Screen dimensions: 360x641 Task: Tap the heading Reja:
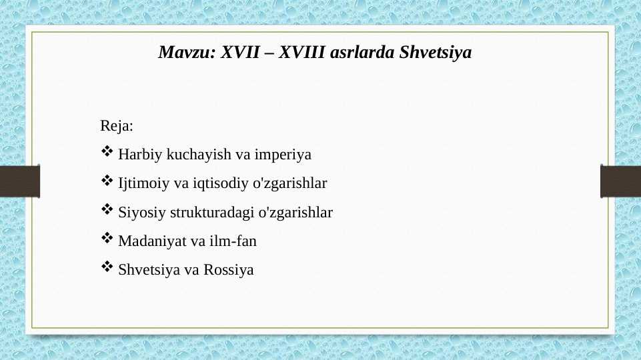(117, 125)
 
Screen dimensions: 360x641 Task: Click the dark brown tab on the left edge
(19, 181)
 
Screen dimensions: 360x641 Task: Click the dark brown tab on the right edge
(621, 181)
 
